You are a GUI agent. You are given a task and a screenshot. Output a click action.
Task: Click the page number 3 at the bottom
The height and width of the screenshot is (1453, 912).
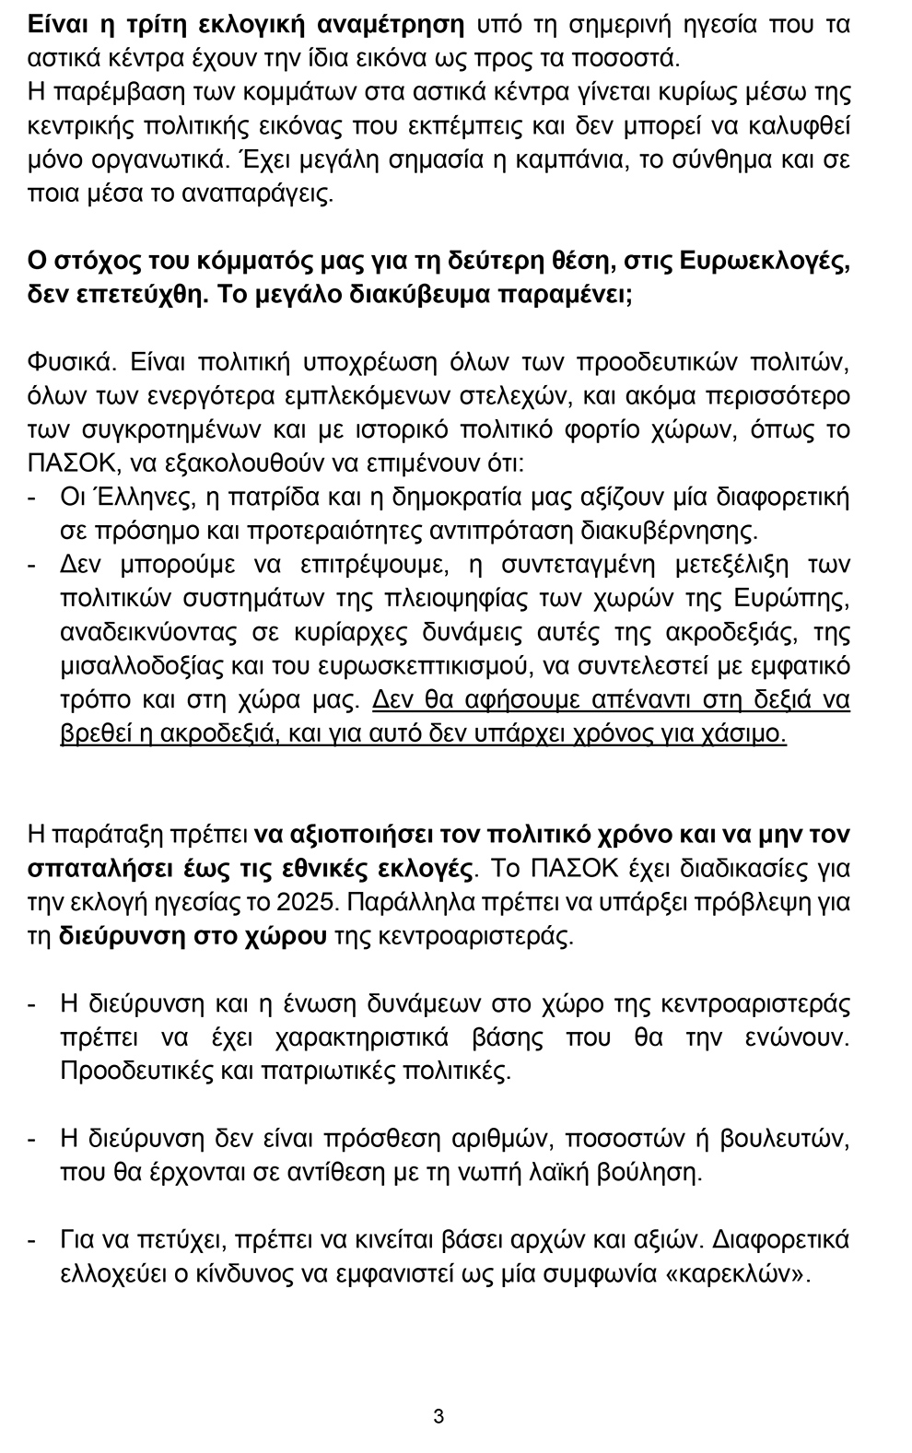pos(438,1415)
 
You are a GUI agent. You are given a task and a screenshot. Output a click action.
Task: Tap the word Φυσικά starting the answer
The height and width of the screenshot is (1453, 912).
pos(70,360)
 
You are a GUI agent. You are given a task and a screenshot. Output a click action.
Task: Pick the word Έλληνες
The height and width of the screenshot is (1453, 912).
pos(141,497)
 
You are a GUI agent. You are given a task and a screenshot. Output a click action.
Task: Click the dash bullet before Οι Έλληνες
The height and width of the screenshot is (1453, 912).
pos(34,497)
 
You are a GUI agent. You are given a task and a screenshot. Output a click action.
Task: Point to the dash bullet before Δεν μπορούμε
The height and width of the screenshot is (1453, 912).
pos(34,564)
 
